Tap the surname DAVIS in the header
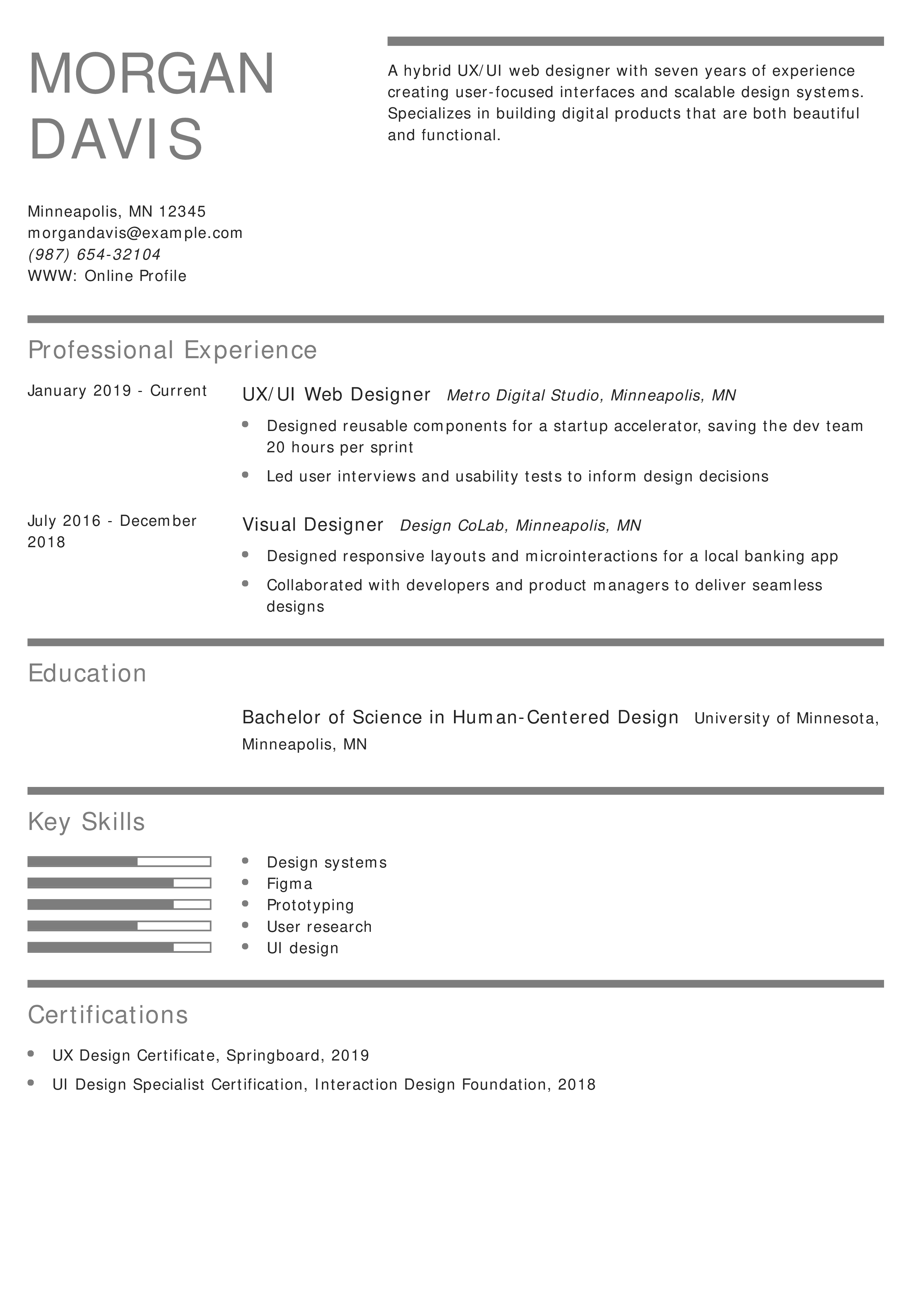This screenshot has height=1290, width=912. pyautogui.click(x=116, y=139)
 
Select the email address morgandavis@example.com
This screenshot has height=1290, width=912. pyautogui.click(x=135, y=233)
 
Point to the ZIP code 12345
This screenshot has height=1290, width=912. pyautogui.click(x=182, y=212)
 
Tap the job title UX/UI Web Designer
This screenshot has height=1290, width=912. pyautogui.click(x=336, y=395)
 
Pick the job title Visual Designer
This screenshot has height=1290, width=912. pyautogui.click(x=312, y=525)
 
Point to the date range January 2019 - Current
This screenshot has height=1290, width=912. pyautogui.click(x=117, y=391)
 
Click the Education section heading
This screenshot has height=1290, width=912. pyautogui.click(x=87, y=673)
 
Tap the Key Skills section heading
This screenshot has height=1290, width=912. pyautogui.click(x=86, y=822)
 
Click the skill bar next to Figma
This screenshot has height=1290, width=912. pyautogui.click(x=119, y=883)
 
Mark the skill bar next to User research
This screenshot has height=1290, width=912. pyautogui.click(x=119, y=926)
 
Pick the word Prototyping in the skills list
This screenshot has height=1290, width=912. pyautogui.click(x=310, y=905)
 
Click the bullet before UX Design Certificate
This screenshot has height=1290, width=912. pyautogui.click(x=31, y=1054)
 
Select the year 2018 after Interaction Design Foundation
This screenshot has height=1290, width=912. pyautogui.click(x=576, y=1084)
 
